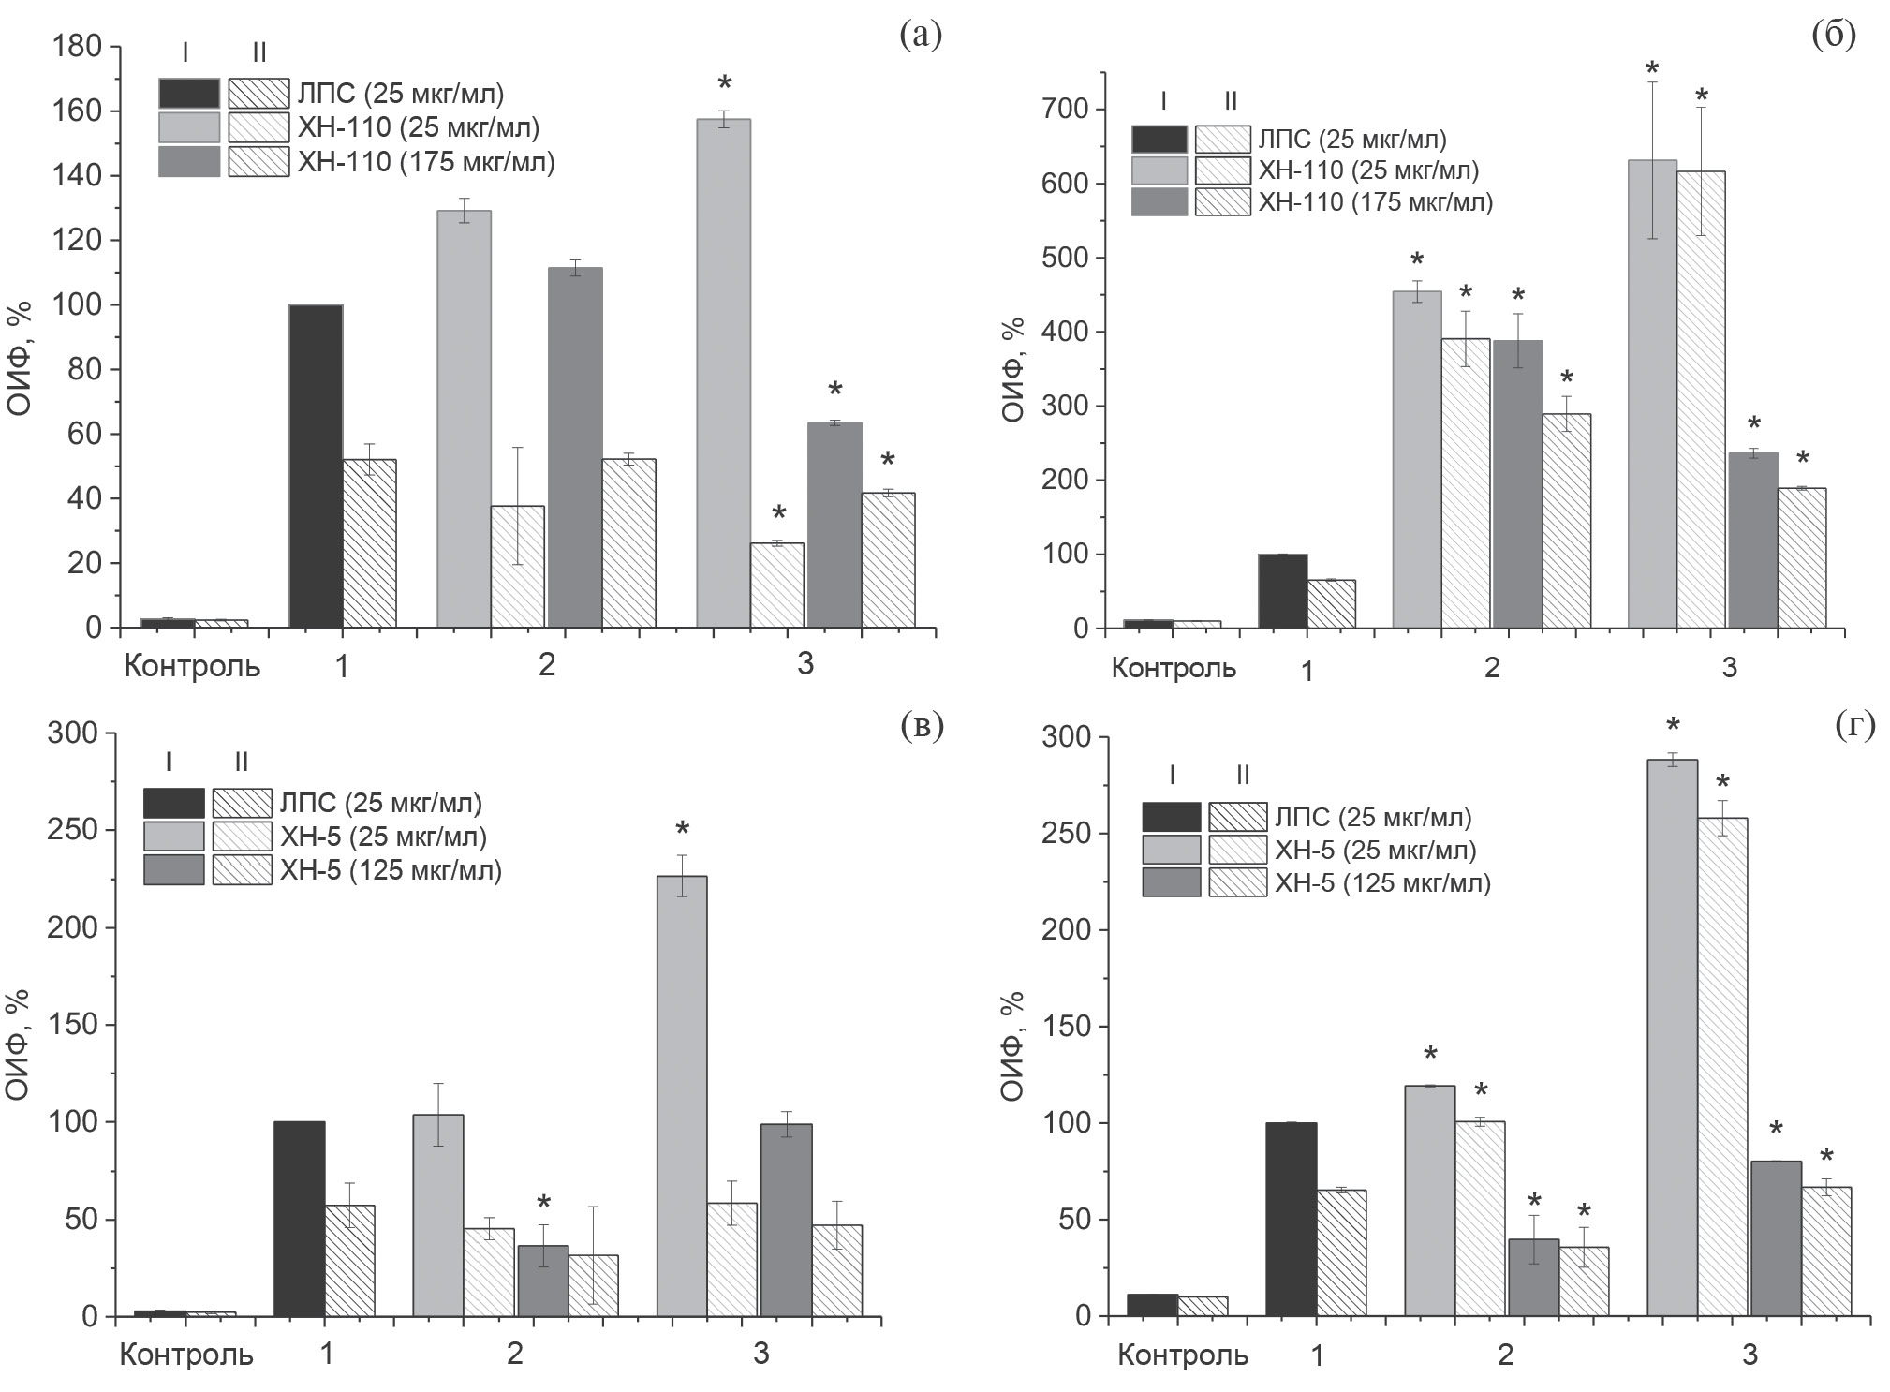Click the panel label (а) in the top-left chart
[920, 36]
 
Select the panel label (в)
[921, 726]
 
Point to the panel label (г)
[1854, 727]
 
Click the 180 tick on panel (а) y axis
[80, 47]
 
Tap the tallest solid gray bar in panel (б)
[1652, 393]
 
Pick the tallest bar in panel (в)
[682, 1095]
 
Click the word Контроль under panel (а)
[192, 666]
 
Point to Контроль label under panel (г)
[1183, 1355]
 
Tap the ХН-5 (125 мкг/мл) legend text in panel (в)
[391, 870]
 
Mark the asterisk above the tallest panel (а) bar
[724, 84]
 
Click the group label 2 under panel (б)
[1492, 668]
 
